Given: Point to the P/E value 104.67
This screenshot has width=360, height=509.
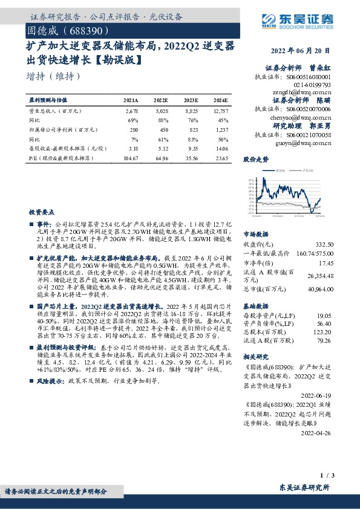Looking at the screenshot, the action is coord(131,158).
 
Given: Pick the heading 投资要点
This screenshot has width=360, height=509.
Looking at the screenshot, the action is coord(41,213).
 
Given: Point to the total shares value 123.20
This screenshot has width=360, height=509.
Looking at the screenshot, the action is coord(322,332).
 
